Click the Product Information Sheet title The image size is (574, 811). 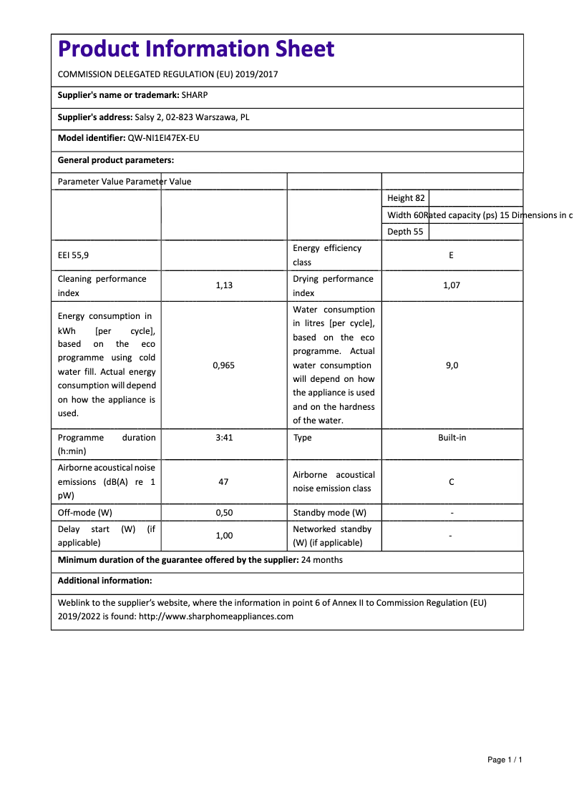click(195, 49)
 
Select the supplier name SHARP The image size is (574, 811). click(195, 95)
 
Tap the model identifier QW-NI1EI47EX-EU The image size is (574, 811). click(163, 138)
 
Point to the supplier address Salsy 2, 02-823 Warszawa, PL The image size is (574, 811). click(192, 117)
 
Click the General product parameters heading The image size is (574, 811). click(116, 160)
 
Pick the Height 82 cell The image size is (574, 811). click(406, 198)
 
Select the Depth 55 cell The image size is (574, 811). click(405, 232)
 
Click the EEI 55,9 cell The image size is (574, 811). click(74, 255)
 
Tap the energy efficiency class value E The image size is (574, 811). click(451, 255)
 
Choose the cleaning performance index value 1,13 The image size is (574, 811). click(224, 285)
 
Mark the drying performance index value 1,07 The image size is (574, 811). click(452, 285)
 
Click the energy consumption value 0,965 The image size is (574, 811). click(224, 365)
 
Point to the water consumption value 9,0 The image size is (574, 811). click(452, 365)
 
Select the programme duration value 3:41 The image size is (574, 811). click(224, 438)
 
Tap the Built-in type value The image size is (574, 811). click(452, 438)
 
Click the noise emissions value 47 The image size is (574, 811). click(223, 482)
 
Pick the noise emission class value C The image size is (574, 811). click(452, 482)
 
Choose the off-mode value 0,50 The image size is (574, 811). click(224, 513)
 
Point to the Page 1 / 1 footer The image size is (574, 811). click(505, 760)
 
